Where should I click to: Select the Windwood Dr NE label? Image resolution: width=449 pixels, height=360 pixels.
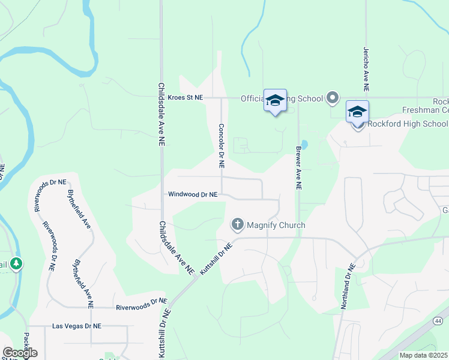[193, 194]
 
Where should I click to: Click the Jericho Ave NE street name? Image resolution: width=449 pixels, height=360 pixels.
[365, 65]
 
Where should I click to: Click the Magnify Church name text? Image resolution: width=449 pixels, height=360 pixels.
[276, 226]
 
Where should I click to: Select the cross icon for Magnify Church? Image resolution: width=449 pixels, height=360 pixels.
[237, 225]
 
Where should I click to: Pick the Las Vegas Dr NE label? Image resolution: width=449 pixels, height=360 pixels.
[77, 326]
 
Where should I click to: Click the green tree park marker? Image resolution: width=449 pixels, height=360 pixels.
[16, 263]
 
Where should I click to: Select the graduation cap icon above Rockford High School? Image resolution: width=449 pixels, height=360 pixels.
[357, 111]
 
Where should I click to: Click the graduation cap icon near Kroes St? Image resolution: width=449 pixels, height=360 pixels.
[275, 100]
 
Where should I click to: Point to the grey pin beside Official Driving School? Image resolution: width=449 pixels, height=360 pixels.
[333, 98]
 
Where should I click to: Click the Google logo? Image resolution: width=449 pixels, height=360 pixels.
[20, 353]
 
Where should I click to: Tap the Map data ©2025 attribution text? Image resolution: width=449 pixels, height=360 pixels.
[424, 355]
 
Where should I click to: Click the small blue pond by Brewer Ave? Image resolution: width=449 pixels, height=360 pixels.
[304, 145]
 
